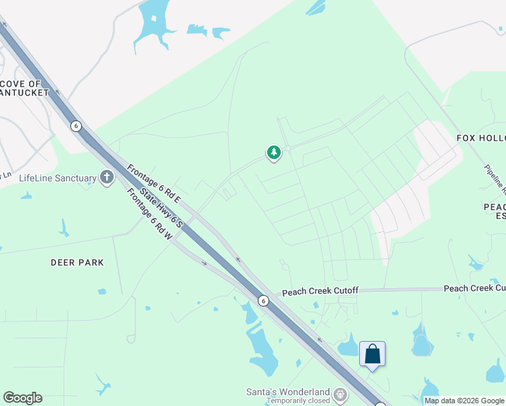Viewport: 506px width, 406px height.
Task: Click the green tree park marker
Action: (x=273, y=153)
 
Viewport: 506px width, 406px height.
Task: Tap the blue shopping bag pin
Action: (x=372, y=354)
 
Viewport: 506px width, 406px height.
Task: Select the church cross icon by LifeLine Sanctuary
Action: (x=106, y=178)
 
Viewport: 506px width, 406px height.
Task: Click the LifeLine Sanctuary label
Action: (x=57, y=179)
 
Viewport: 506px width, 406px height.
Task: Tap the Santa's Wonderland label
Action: (x=287, y=392)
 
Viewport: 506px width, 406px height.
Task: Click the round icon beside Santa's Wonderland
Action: (x=340, y=393)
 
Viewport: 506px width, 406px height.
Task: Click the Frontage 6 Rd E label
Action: (x=154, y=182)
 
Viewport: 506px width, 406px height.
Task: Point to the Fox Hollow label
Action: (x=481, y=138)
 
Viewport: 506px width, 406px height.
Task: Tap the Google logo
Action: (x=22, y=398)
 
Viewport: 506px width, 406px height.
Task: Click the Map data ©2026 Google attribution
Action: (x=464, y=401)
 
